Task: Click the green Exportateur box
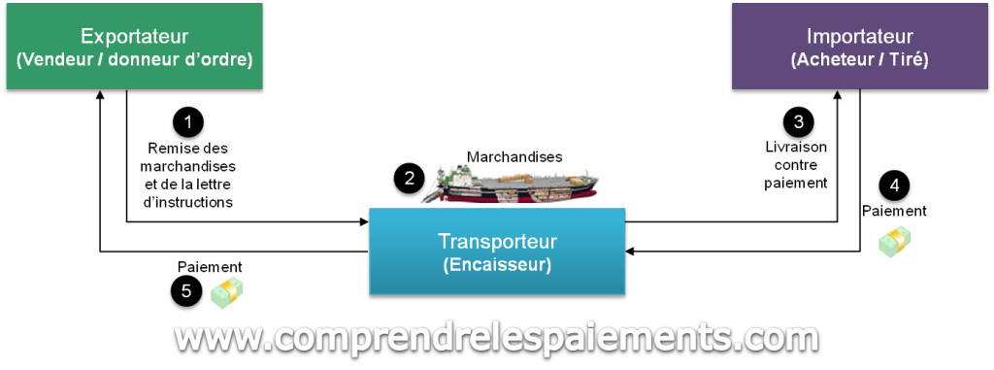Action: (x=134, y=47)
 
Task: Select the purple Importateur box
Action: (x=859, y=47)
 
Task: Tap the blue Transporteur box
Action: (x=495, y=251)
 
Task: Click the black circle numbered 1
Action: (x=188, y=121)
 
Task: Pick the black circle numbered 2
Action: (x=410, y=177)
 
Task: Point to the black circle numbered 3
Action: (x=798, y=121)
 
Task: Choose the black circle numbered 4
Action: (x=894, y=185)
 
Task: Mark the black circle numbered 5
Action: (x=186, y=290)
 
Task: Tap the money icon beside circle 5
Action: (x=227, y=291)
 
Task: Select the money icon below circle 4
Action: (x=894, y=242)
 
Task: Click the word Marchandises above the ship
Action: (x=514, y=156)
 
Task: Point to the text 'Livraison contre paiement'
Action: (x=797, y=165)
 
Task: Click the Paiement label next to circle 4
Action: (x=894, y=210)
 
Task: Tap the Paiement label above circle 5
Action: (x=210, y=266)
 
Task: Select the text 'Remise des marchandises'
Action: (x=187, y=156)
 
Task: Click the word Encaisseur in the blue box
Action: (x=495, y=263)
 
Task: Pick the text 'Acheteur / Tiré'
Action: (x=859, y=60)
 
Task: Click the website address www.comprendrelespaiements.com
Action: (x=496, y=338)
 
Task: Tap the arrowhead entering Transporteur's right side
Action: (x=629, y=252)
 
